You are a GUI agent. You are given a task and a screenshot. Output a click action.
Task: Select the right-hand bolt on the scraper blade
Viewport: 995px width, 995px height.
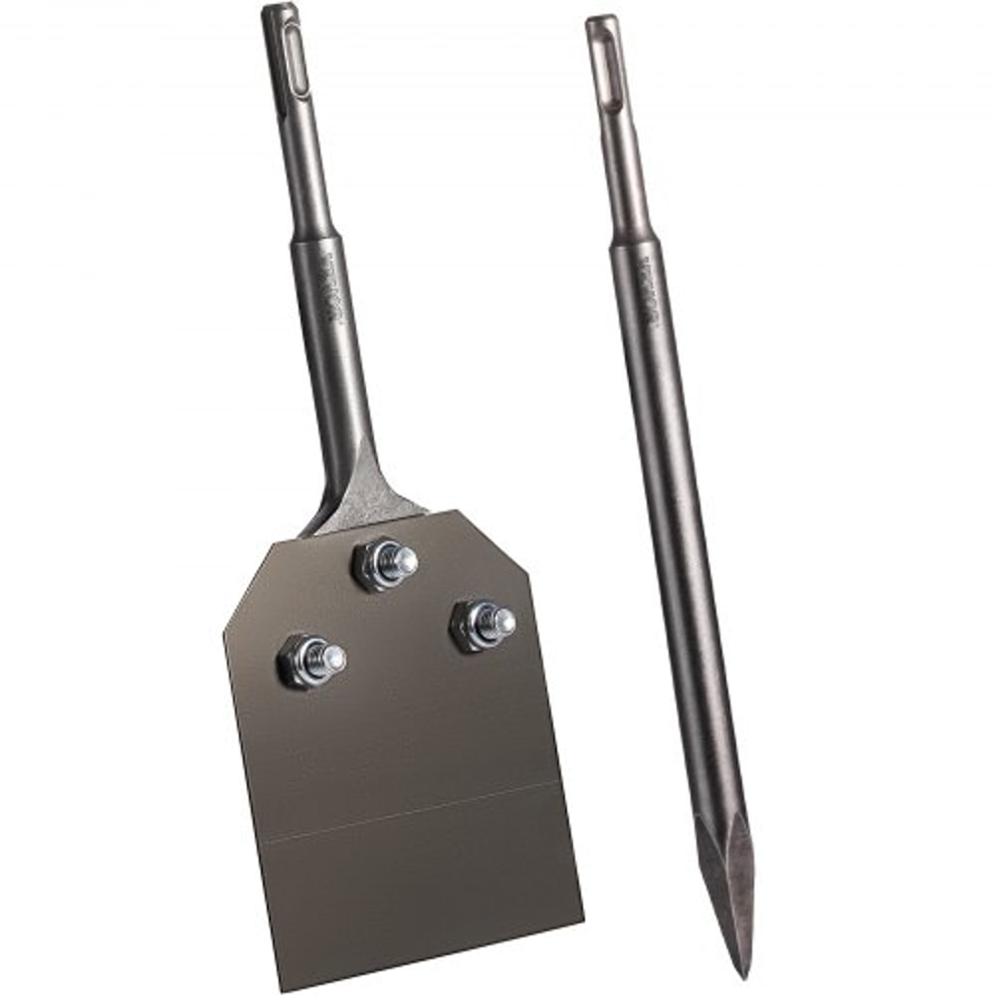(x=483, y=625)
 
